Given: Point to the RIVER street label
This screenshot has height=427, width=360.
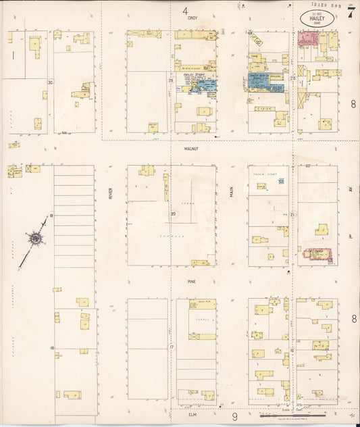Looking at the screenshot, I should pos(109,194).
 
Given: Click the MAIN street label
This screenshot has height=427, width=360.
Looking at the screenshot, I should pos(230,193).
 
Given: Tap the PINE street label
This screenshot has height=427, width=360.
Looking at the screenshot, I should pos(192,276).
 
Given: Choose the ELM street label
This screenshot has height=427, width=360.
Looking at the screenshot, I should pos(191,416).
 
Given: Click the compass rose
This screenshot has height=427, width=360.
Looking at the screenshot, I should pos(34,238).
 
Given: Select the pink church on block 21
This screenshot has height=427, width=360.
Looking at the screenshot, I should pos(315,255).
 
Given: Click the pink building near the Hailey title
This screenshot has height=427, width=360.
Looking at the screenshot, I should pos(308,39).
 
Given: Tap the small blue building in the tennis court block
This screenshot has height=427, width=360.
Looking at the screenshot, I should pos(281,180).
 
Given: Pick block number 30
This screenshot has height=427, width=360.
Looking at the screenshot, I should pos(49,82).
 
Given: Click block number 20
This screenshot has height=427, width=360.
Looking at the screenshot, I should pos(173,214).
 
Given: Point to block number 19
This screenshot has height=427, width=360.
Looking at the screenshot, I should pos(51,215).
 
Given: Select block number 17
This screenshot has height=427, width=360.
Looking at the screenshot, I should pos(172,347).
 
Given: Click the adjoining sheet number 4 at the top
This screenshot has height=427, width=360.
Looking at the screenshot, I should pos(184,11).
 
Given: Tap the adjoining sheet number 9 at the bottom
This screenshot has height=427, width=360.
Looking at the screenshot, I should pos(235,417).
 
